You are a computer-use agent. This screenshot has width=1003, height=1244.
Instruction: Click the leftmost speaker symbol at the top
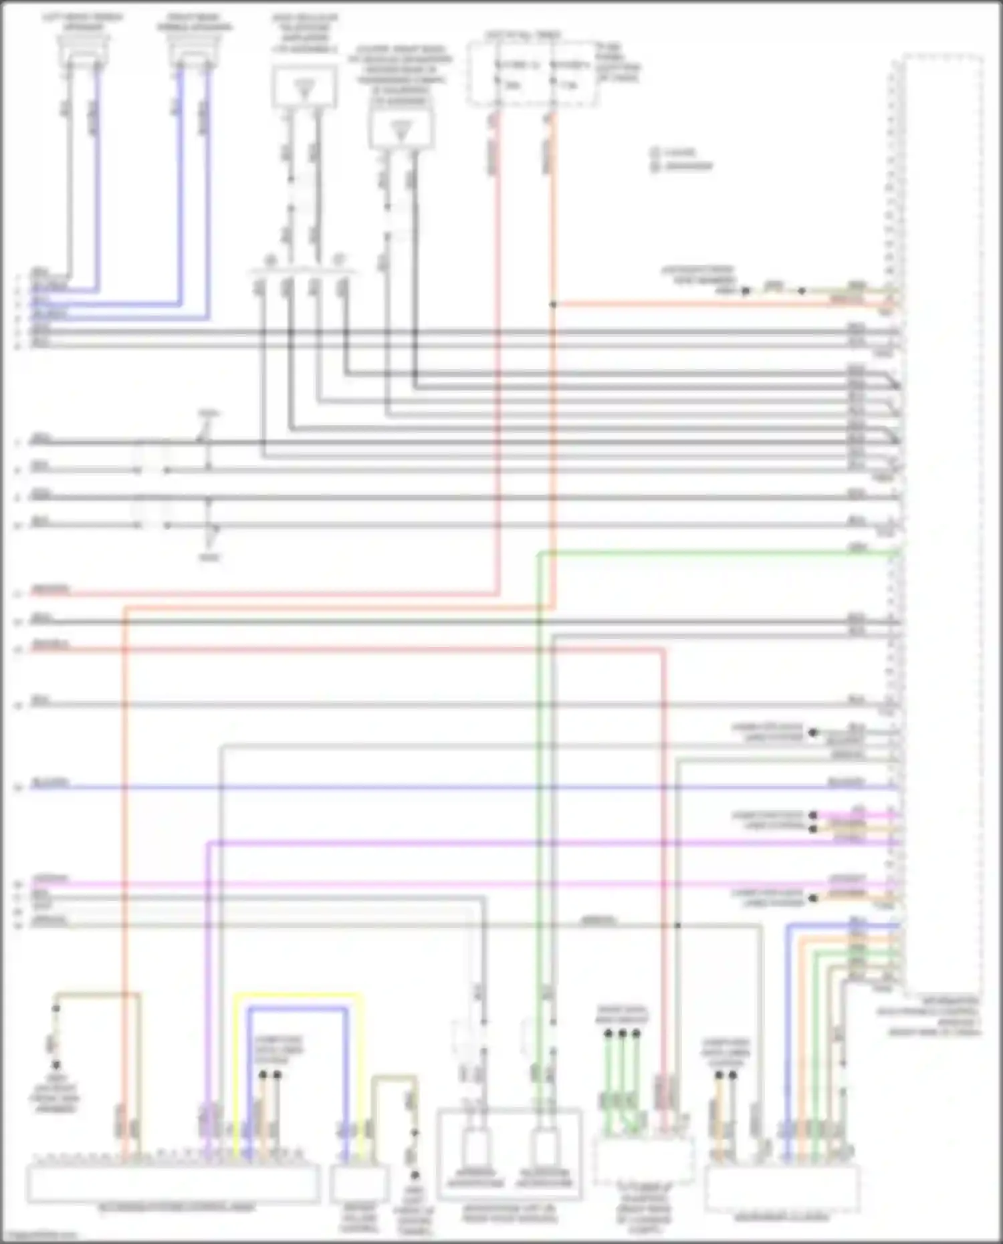click(84, 50)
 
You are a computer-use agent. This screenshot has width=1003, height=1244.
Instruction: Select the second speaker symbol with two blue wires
click(194, 50)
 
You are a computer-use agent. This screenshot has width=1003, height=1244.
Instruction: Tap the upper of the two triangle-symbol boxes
click(304, 88)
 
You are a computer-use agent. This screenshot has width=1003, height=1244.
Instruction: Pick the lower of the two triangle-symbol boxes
click(401, 128)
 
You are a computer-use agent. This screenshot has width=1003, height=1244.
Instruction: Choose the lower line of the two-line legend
click(682, 166)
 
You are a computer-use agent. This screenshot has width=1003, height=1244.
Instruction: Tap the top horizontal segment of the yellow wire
click(298, 995)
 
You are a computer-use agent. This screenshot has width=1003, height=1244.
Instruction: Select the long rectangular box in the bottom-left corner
click(173, 1183)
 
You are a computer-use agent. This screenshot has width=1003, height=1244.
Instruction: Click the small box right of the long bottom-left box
click(359, 1183)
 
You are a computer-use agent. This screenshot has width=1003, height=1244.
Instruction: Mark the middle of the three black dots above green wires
click(623, 1034)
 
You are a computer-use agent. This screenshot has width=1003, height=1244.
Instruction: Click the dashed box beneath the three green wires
click(643, 1160)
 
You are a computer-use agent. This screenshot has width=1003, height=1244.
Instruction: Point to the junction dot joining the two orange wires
click(553, 305)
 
